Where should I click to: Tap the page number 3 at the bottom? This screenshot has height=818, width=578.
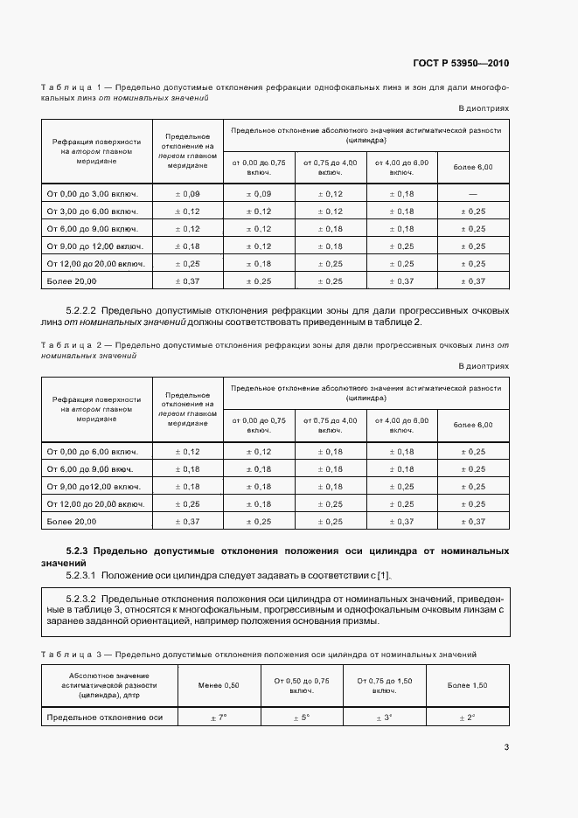[x=506, y=746]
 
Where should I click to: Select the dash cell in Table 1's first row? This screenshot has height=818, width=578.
[x=472, y=193]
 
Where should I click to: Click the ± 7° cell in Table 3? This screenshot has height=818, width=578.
[x=218, y=717]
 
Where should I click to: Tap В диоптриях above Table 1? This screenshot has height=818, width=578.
[x=484, y=107]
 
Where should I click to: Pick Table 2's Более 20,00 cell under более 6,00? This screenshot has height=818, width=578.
[x=472, y=521]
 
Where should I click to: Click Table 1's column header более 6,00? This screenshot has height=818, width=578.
[x=472, y=166]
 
